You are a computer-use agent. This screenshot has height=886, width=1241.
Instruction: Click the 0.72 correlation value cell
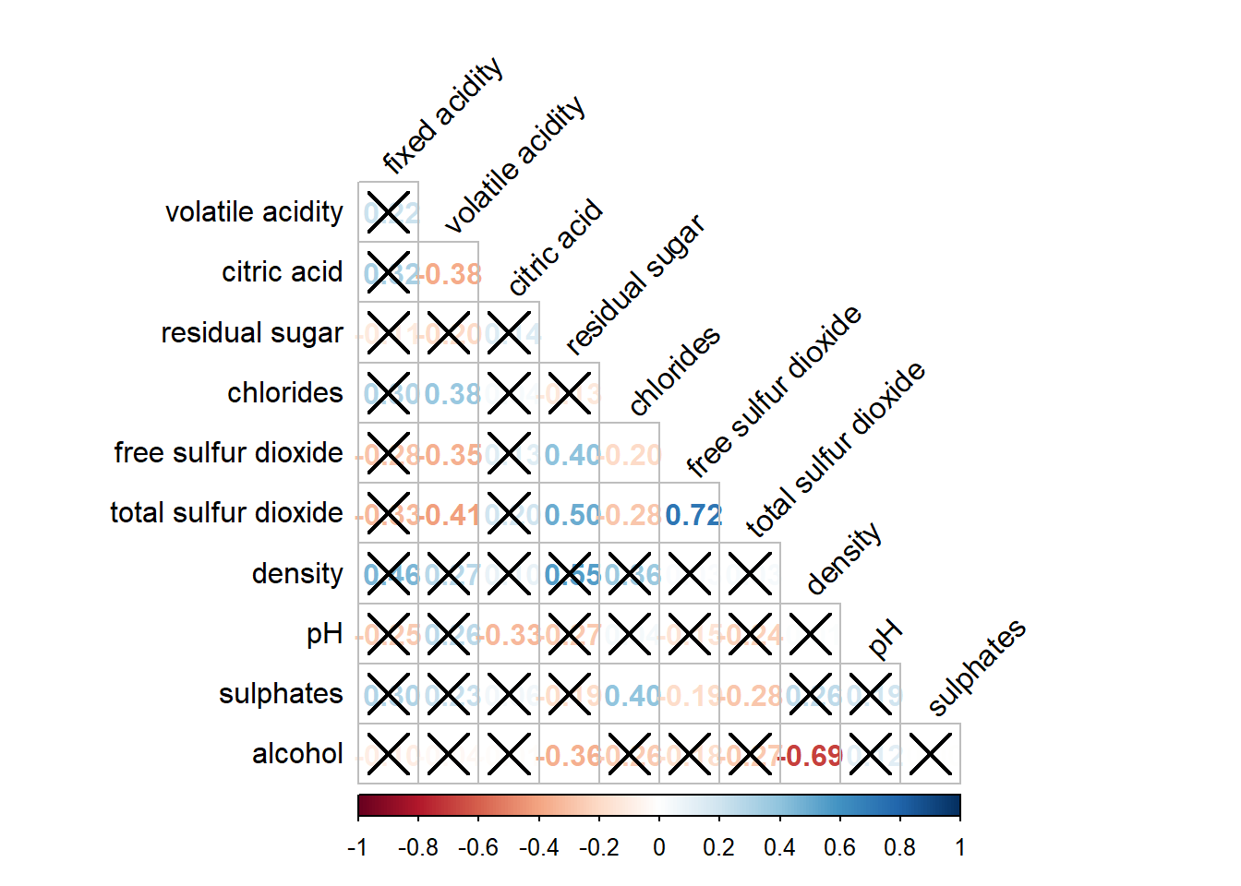pyautogui.click(x=690, y=514)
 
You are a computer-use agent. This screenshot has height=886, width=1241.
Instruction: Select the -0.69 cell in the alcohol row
pyautogui.click(x=810, y=755)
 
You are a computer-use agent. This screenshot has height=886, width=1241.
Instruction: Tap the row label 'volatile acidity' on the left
pyautogui.click(x=254, y=212)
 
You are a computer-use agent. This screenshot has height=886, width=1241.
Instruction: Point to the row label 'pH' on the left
pyautogui.click(x=324, y=634)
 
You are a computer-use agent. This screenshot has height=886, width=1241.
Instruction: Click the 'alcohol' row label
pyautogui.click(x=297, y=754)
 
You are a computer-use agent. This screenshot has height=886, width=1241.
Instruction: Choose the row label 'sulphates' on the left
pyautogui.click(x=281, y=694)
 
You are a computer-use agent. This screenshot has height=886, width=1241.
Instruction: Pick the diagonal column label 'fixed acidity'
pyautogui.click(x=443, y=115)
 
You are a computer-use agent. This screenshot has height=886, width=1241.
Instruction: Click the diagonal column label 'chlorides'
pyautogui.click(x=674, y=370)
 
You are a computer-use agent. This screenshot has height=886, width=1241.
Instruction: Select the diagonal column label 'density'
pyautogui.click(x=844, y=559)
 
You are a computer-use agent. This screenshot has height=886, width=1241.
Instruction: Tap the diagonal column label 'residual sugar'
pyautogui.click(x=634, y=285)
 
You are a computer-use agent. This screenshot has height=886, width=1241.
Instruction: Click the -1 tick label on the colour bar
pyautogui.click(x=357, y=847)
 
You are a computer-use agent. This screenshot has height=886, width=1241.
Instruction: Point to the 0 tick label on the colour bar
pyautogui.click(x=659, y=847)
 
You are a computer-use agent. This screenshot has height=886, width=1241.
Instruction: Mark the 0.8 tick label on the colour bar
pyautogui.click(x=900, y=847)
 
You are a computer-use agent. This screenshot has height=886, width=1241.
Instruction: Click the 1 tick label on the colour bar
pyautogui.click(x=960, y=847)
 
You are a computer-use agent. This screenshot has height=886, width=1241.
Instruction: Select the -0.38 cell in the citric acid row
pyautogui.click(x=449, y=273)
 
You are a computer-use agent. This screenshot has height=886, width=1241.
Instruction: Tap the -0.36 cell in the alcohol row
pyautogui.click(x=569, y=755)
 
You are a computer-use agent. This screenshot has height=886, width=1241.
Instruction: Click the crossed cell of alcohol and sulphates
pyautogui.click(x=930, y=755)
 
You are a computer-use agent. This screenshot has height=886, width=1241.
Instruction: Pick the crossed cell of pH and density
pyautogui.click(x=810, y=634)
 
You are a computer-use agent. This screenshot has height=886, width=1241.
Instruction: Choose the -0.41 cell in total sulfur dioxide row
pyautogui.click(x=449, y=514)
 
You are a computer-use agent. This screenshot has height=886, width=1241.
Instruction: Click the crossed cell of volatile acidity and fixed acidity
pyautogui.click(x=388, y=212)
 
